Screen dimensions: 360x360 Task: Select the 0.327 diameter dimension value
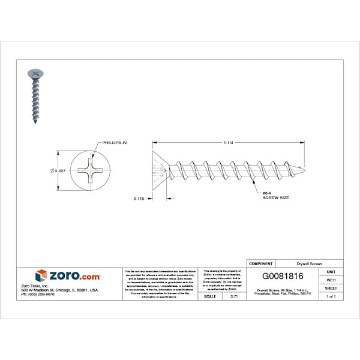tap(58, 171)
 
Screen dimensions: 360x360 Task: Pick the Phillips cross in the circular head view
tap(91, 170)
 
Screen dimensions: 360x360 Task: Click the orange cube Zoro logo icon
tap(41, 276)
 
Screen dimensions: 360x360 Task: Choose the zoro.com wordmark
tap(74, 276)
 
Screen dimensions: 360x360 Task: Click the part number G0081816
tap(283, 277)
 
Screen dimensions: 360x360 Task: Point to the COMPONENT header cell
tap(261, 263)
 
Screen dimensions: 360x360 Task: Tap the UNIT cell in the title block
tap(331, 272)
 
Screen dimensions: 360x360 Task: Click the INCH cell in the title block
tap(331, 280)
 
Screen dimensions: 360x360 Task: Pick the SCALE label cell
tap(210, 296)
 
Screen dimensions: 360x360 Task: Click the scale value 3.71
tap(234, 296)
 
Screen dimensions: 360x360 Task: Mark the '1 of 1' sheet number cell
tap(331, 296)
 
